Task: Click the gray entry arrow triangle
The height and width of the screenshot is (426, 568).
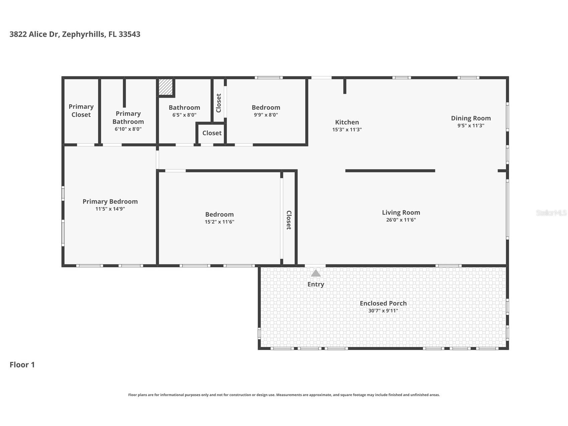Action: [316, 274]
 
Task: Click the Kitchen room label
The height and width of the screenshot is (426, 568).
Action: [347, 122]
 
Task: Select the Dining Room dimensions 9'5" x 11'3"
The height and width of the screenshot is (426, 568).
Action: [471, 126]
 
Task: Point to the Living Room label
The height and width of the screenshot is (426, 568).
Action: [401, 212]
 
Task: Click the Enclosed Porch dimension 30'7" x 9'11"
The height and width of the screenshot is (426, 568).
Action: [383, 310]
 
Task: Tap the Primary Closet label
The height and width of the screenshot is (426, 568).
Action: [81, 111]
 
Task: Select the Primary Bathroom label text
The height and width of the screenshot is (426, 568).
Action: [128, 118]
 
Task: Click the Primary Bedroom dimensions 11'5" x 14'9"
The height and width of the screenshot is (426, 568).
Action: [110, 209]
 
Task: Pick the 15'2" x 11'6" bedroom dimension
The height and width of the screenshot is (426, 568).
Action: [219, 222]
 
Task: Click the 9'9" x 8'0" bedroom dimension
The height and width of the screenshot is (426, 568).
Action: [266, 115]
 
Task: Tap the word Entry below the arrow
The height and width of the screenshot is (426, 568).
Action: [316, 284]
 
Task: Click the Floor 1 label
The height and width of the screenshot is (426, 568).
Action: [22, 365]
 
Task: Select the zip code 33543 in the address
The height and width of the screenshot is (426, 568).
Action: [129, 34]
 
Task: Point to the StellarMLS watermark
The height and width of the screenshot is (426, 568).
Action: [551, 213]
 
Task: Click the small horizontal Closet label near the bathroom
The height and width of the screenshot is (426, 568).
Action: [212, 133]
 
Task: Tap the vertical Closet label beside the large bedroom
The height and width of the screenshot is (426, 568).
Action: [289, 220]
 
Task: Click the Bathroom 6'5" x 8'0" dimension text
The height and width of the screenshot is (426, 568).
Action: [184, 115]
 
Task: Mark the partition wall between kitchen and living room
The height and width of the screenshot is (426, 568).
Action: [390, 171]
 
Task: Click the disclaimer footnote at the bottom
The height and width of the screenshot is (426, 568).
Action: [284, 395]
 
